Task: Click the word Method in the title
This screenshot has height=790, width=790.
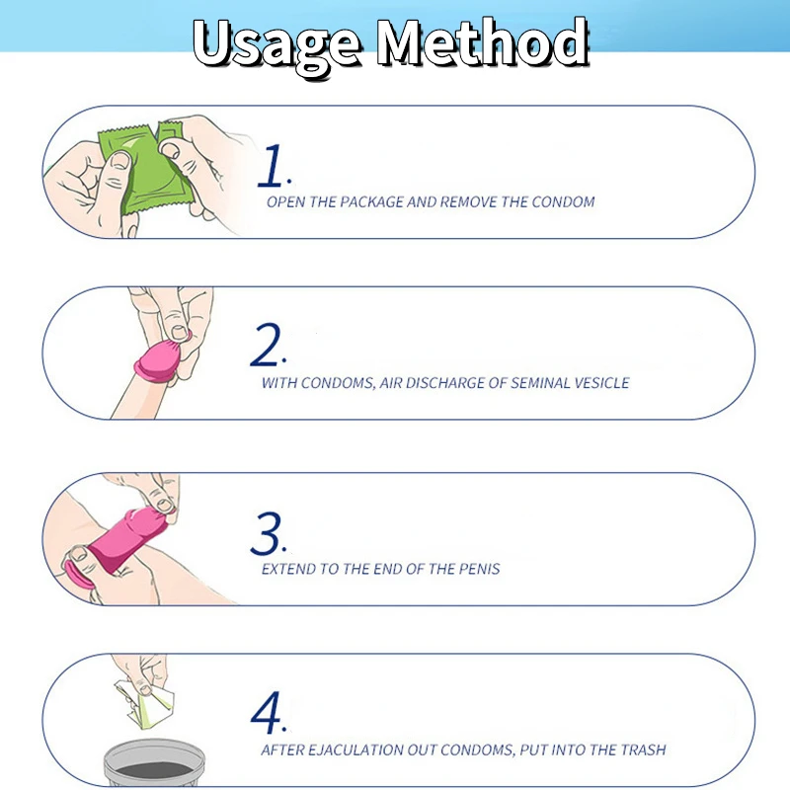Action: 483,42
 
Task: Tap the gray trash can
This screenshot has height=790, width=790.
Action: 154,763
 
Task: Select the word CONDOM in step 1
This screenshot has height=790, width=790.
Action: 563,202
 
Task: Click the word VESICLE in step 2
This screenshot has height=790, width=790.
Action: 601,383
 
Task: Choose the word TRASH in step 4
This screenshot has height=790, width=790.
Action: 643,750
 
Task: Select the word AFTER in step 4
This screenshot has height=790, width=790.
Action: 281,750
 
